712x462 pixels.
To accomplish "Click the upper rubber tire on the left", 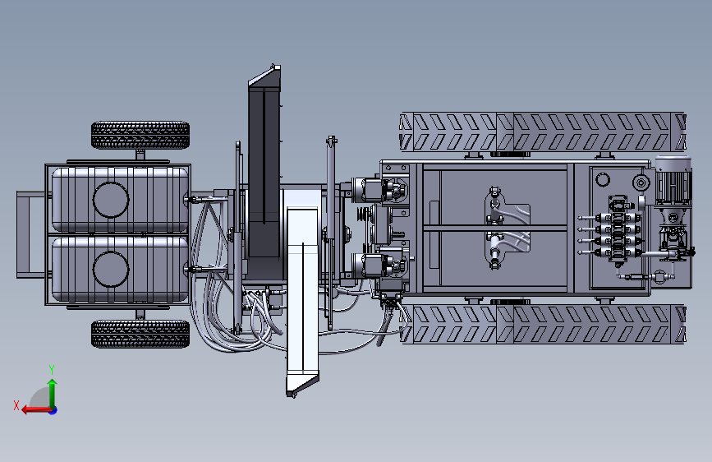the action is [x=140, y=135].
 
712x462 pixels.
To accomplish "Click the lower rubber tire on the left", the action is [x=140, y=335].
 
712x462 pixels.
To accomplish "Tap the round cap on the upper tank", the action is [x=111, y=200].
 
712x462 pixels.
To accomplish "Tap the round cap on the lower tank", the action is [x=111, y=269].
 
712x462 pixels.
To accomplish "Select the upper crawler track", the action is [x=543, y=132].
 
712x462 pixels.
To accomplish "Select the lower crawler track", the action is [x=543, y=324].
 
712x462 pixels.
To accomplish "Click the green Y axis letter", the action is [x=52, y=369].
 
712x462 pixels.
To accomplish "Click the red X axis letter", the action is [x=16, y=405].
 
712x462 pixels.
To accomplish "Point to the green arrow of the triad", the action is [x=53, y=394].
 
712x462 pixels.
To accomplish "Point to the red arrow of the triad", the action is [x=37, y=410].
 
